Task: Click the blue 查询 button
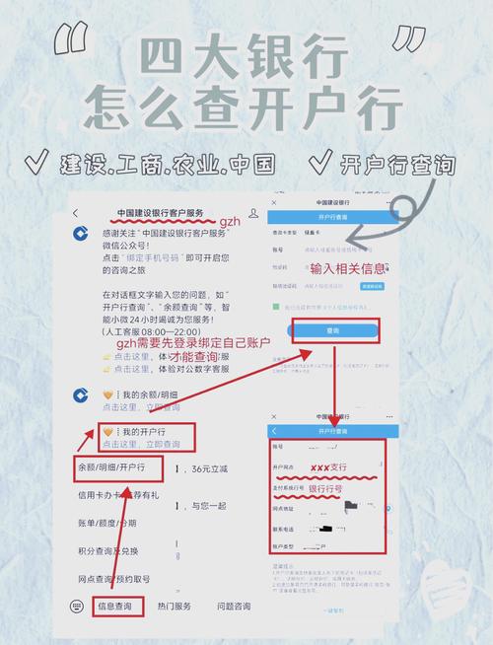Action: (333, 332)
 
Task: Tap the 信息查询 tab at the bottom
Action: (117, 606)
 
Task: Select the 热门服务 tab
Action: (175, 606)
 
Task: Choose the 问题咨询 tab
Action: (234, 606)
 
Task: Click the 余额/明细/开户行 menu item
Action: (111, 466)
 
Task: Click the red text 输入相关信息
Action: (346, 268)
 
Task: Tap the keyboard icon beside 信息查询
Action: (76, 606)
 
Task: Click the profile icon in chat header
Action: (253, 214)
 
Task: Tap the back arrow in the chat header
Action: (77, 214)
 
